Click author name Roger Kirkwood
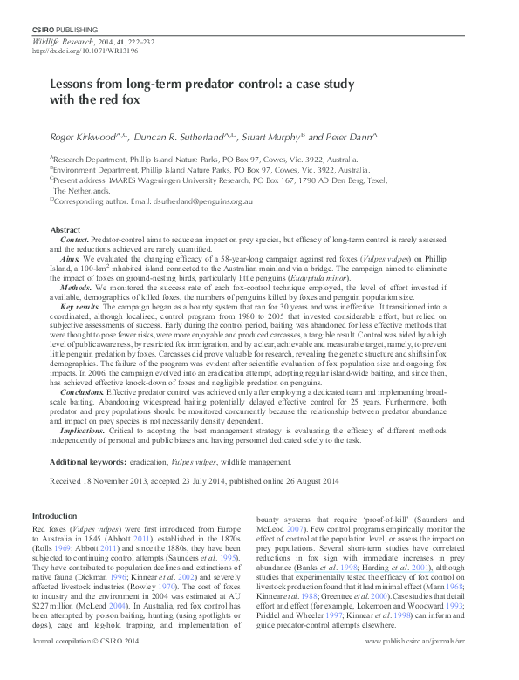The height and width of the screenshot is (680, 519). [79, 137]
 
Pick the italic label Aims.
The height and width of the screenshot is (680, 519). [72, 259]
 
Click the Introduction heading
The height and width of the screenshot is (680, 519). [54, 516]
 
